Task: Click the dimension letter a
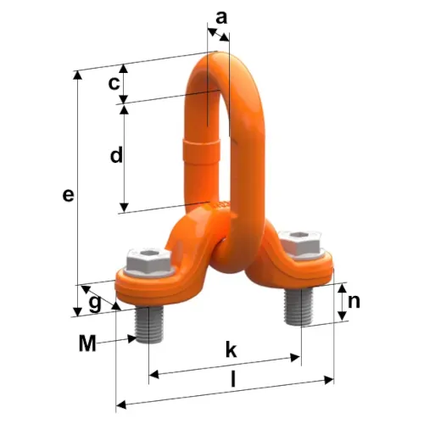tap(221, 18)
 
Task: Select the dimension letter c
tap(114, 83)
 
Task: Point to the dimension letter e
tap(68, 195)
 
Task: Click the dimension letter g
tap(95, 304)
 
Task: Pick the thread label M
tap(87, 343)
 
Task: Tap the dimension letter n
tap(354, 302)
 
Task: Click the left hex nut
tap(149, 260)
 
